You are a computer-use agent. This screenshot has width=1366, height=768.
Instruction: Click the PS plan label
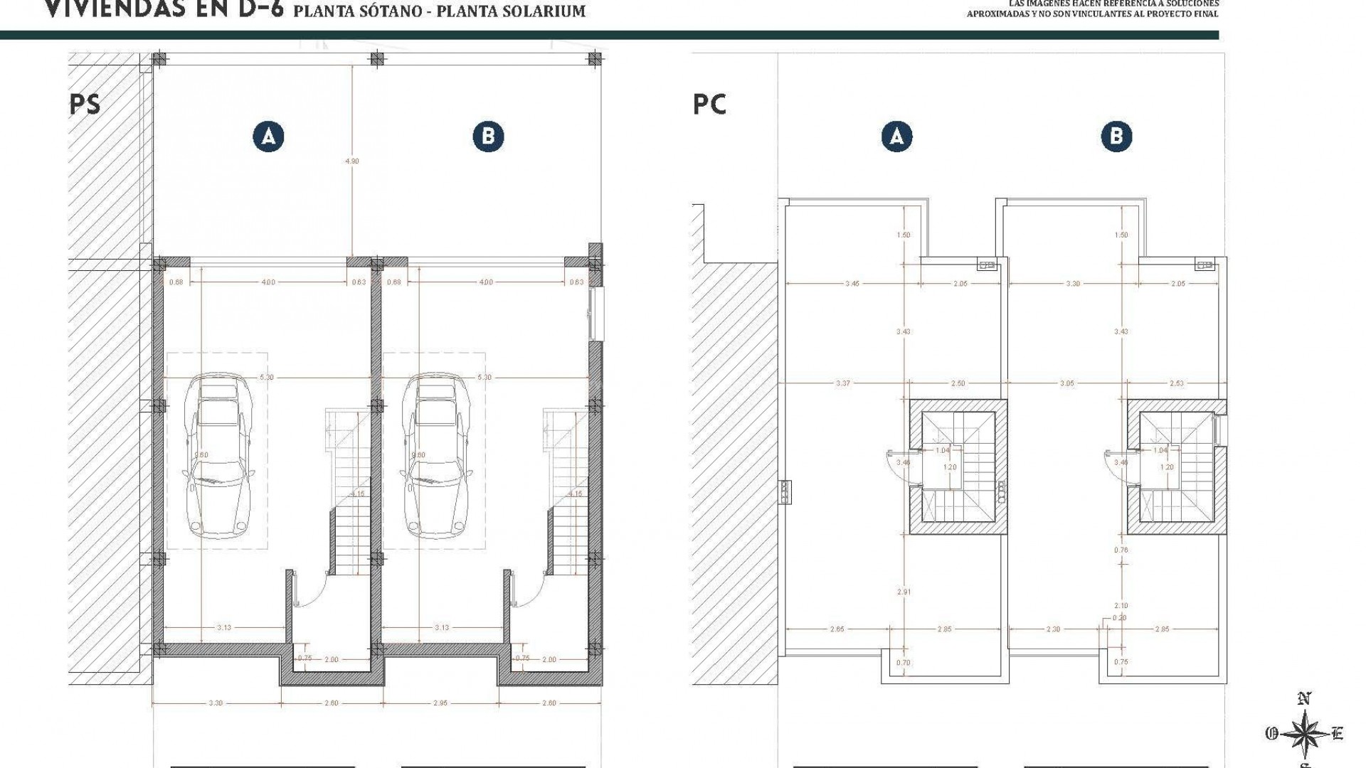[85, 105]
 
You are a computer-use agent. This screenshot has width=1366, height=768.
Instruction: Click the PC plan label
[709, 105]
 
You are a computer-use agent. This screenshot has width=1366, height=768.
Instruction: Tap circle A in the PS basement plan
[268, 137]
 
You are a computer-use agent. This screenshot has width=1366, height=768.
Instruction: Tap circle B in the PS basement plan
[488, 137]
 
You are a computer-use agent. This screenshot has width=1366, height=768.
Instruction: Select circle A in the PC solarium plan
[896, 136]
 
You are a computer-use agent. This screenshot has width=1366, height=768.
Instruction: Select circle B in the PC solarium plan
[1116, 136]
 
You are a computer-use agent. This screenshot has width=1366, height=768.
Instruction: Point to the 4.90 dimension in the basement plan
[352, 161]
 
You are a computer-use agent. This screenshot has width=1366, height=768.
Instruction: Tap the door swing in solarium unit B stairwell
[1116, 462]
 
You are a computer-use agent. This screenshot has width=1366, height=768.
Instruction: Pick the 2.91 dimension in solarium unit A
[904, 592]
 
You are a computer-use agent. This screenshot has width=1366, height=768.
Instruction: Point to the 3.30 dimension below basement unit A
[216, 703]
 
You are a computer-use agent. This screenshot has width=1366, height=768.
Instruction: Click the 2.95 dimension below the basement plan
[440, 703]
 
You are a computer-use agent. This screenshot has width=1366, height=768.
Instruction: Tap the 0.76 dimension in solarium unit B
[1121, 550]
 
